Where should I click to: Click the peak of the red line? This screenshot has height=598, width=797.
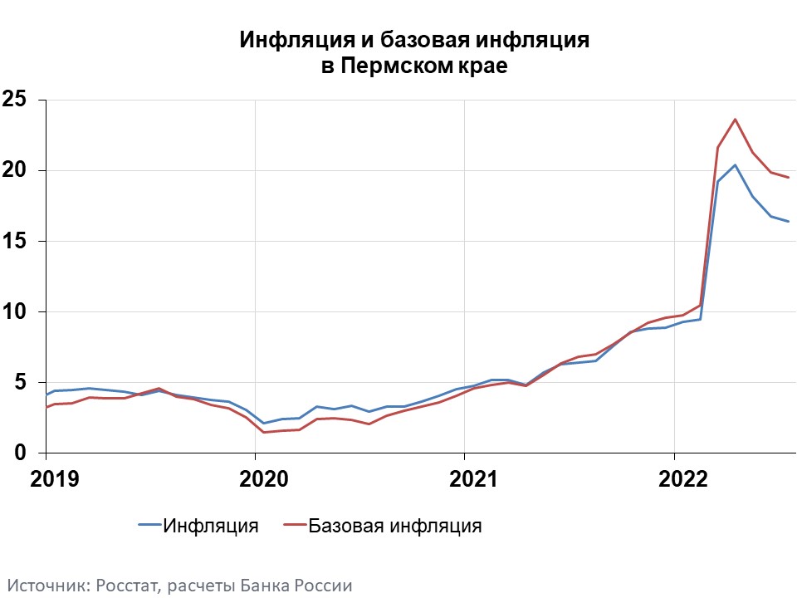point(735,120)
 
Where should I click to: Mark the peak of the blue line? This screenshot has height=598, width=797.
point(735,164)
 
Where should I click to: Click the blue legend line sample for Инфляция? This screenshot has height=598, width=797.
point(149,526)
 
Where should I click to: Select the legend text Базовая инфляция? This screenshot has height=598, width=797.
point(394,526)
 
